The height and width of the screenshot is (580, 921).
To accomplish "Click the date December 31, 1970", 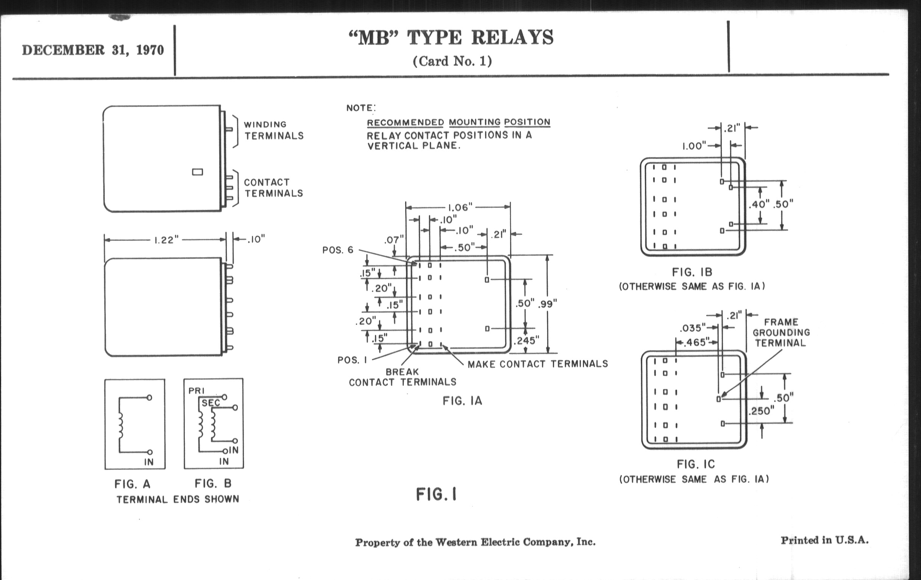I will pos(92,50).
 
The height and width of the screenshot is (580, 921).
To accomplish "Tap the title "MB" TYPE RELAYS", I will pos(451,38).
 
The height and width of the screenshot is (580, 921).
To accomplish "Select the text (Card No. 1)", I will pos(452,61).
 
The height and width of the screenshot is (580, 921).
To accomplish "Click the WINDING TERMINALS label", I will pos(273,130).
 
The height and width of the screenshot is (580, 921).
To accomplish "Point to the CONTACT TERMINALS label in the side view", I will pos(273,188).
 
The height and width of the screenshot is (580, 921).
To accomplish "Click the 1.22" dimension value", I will pos(166,240).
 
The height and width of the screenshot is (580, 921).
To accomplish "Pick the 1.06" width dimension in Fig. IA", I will pos(460,207).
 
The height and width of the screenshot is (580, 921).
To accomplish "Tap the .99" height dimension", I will pos(547,304).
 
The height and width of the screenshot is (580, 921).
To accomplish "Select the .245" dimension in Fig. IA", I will pos(526,340).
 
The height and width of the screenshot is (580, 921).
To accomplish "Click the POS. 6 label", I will pos(338,250).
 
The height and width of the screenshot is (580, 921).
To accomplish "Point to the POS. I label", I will pos(352,360).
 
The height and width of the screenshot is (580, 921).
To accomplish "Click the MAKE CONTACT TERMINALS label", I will pos(537,364).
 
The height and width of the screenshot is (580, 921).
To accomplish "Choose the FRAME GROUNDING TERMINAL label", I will pos(781,332).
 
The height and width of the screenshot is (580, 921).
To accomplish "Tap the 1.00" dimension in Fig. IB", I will pos(694,146).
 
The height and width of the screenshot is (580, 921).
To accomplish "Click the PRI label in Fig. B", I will pos(197,391).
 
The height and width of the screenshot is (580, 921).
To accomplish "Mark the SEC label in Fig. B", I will pos(211,403).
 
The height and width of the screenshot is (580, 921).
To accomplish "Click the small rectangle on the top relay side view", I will pos(197,172).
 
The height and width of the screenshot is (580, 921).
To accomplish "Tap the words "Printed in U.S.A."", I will pos(824,541).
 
